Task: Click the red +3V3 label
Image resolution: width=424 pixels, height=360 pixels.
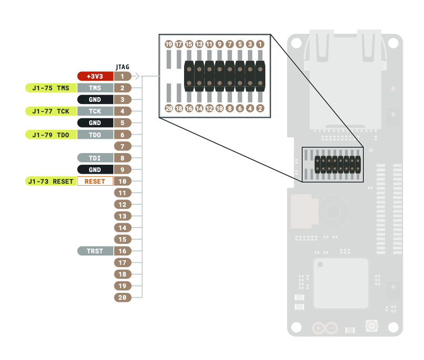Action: coord(95,77)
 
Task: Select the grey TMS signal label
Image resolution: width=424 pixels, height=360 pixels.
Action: coord(95,88)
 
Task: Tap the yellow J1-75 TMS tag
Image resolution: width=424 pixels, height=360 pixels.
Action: coord(51,88)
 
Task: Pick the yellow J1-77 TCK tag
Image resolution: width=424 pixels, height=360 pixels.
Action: coord(51,111)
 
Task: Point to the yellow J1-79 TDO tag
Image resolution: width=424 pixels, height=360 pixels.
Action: coord(51,135)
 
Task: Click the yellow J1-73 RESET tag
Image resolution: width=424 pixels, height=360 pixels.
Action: coord(51,181)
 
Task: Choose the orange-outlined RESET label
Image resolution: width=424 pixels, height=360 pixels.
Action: coord(95,181)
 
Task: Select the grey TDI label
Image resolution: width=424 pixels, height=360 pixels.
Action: coord(95,158)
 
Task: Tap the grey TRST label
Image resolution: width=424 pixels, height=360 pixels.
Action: coord(95,251)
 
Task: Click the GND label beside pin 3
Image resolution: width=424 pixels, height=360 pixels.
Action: coord(95,100)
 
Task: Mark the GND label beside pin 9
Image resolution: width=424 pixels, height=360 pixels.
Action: coord(95,169)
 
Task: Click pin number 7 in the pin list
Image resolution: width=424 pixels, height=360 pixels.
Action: coord(122,146)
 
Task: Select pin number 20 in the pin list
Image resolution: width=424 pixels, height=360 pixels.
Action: coord(122,298)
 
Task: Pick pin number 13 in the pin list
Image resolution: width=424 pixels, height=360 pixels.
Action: coord(122,216)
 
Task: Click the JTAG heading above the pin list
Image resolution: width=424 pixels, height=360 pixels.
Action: coord(122,67)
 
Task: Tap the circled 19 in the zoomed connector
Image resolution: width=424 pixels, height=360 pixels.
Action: coord(169,44)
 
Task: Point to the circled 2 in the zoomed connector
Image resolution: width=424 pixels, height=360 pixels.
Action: coord(260,108)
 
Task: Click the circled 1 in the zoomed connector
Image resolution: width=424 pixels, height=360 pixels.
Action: coord(260,44)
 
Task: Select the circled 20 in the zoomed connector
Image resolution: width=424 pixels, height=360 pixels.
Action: coord(169,108)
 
